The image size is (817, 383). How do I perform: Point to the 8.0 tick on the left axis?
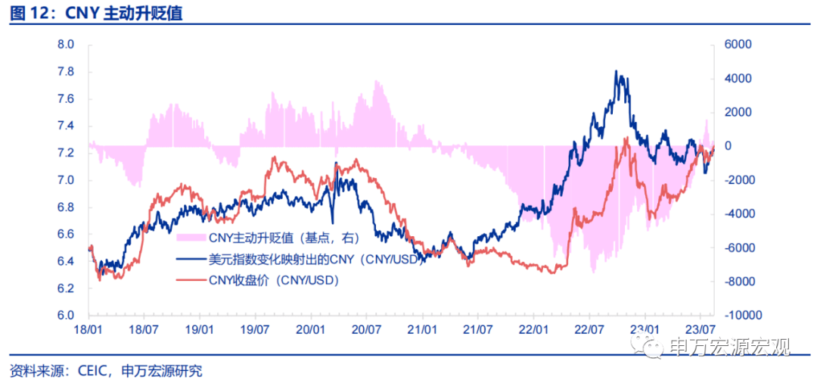coord(65,45)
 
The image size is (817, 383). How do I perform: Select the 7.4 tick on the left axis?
coord(65,126)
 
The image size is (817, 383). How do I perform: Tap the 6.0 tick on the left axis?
coord(65,316)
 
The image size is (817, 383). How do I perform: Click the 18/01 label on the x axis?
coord(89,330)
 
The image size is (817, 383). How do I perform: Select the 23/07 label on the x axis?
coord(701,330)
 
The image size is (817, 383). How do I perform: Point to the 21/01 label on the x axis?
coord(422,330)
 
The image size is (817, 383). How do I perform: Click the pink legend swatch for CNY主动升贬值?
coord(191,239)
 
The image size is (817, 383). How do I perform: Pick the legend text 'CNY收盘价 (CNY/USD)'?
coord(272,280)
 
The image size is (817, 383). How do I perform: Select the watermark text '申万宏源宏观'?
coord(729,347)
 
